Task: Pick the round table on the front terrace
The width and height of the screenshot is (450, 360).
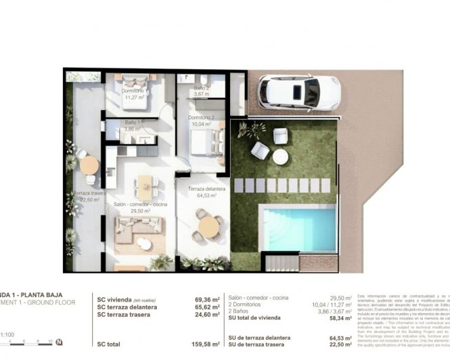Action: click(x=208, y=226)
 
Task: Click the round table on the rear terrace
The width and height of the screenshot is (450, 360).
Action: click(x=89, y=165)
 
